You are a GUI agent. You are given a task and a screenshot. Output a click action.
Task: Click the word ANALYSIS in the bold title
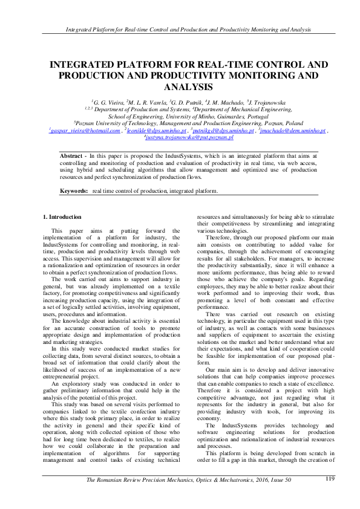coord(180,87)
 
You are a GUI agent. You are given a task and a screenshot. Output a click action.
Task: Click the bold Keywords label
coord(74,192)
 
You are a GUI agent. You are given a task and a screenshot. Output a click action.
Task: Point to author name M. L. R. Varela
coord(144,103)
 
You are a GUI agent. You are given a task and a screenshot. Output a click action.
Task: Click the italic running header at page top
coord(180,28)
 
